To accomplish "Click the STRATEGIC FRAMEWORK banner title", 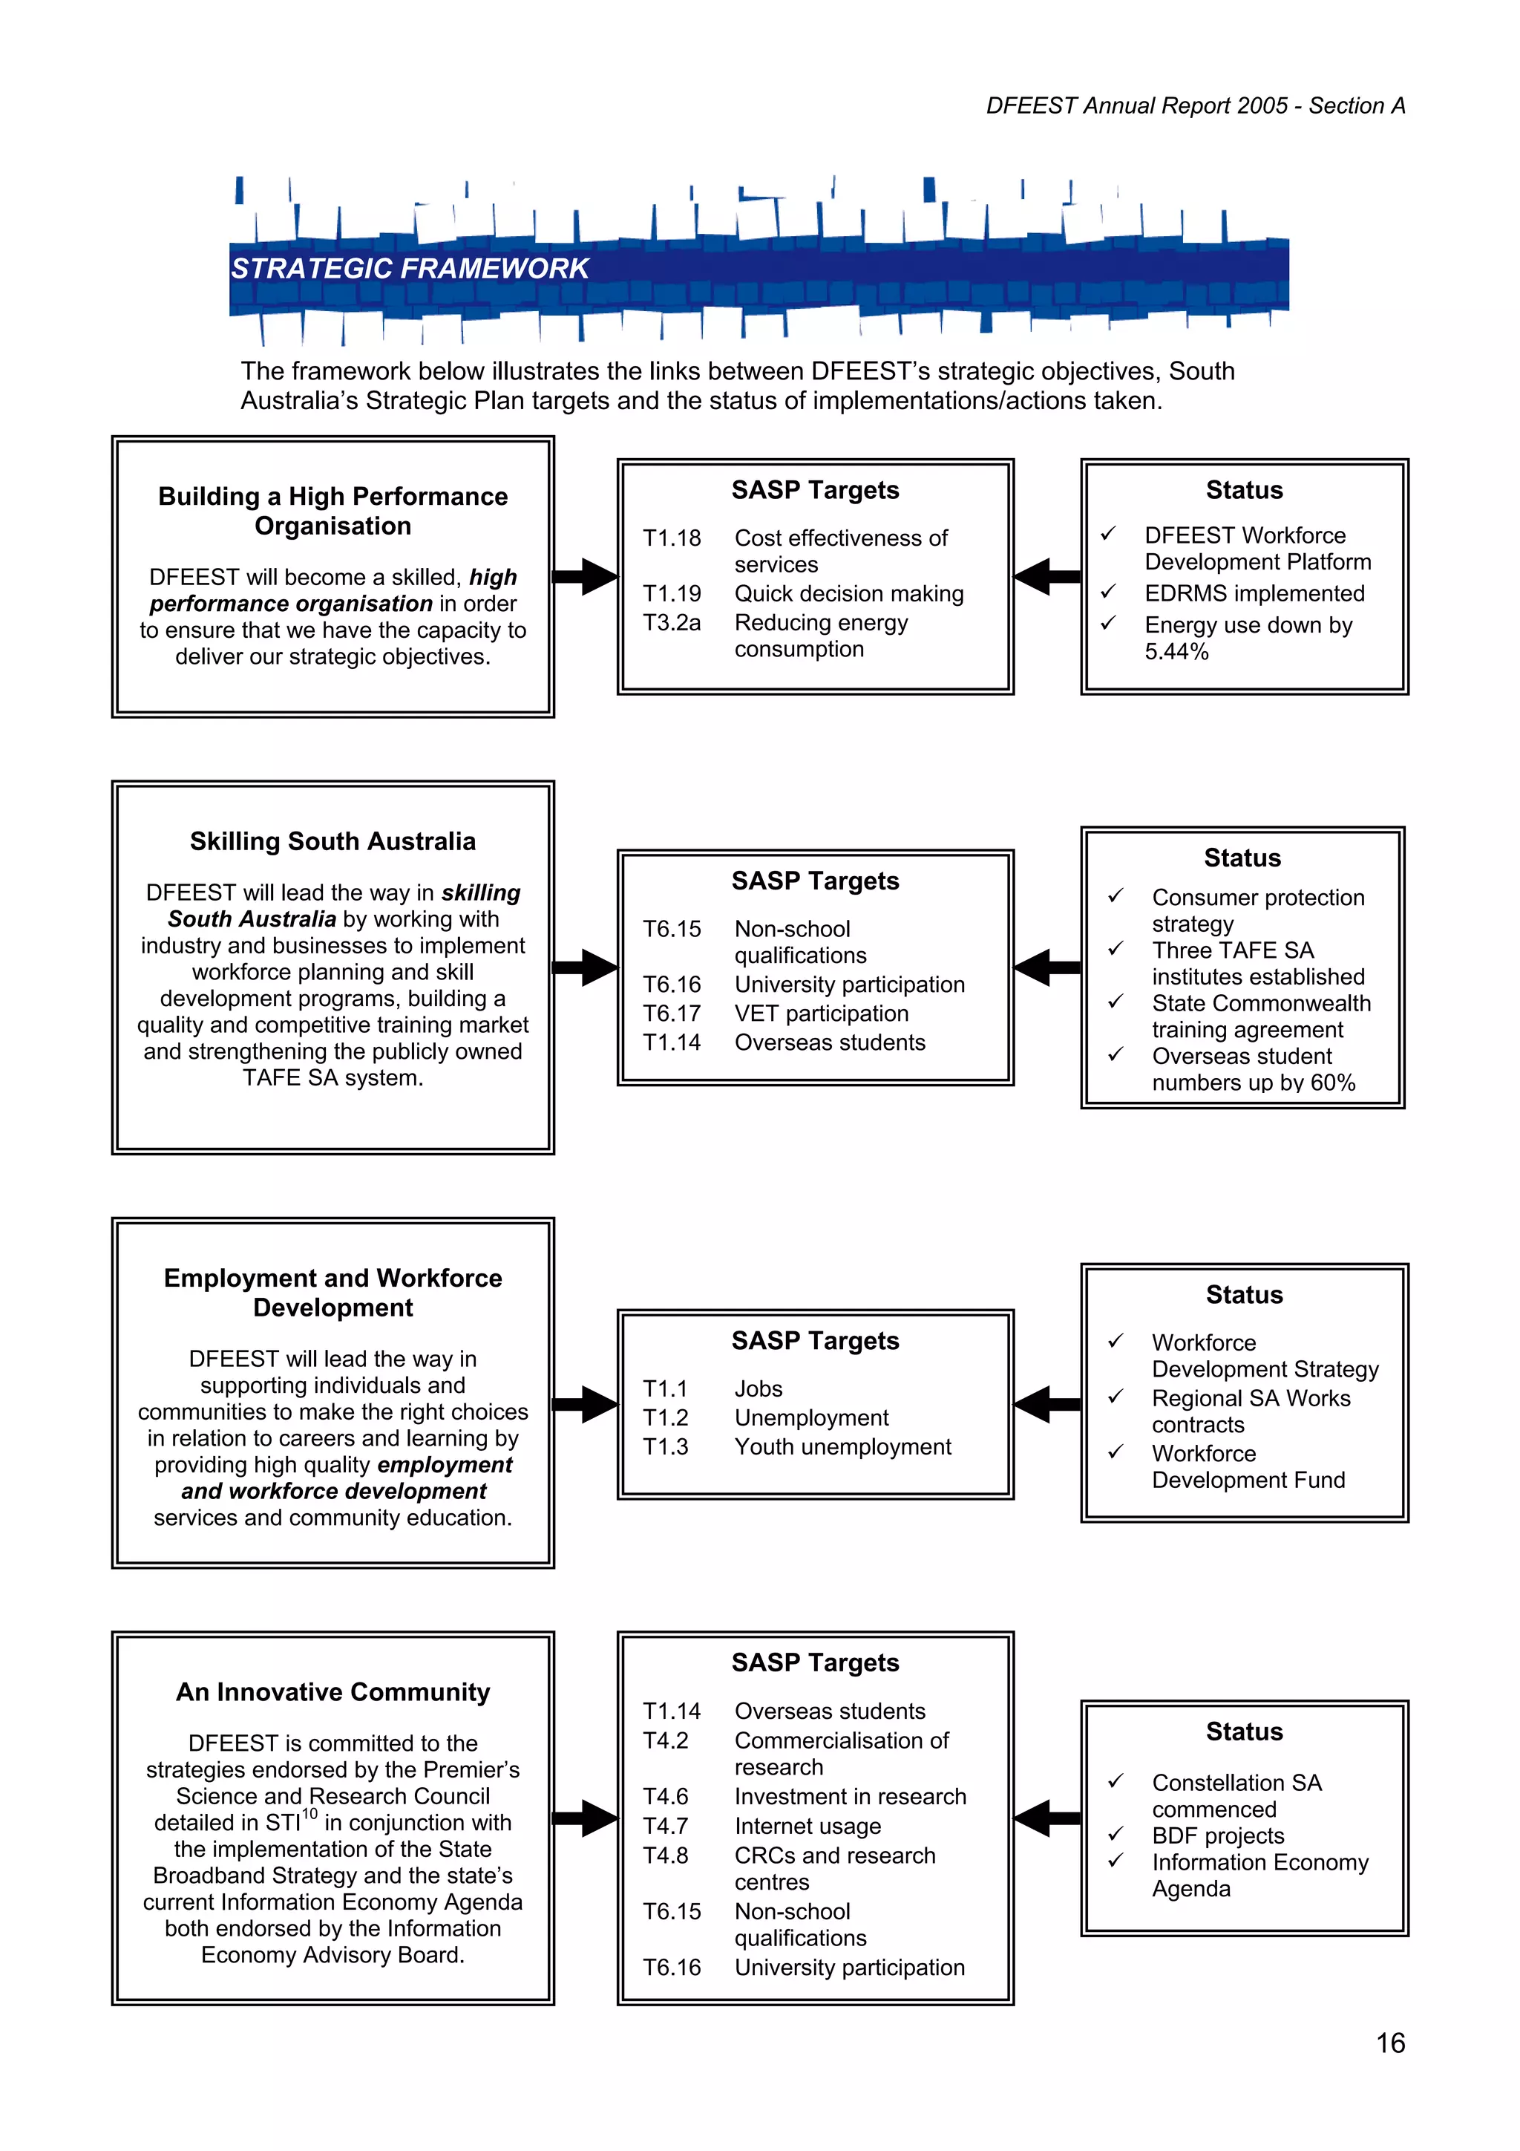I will click(409, 269).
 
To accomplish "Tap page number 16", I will click(1390, 2043).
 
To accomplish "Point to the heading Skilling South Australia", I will click(332, 841).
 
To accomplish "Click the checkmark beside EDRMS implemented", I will click(1108, 591).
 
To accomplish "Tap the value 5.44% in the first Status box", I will click(1176, 652).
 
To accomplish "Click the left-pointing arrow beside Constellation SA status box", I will click(1046, 1818).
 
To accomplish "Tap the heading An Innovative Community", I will click(332, 1692).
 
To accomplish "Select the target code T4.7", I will click(665, 1826).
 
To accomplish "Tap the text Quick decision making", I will click(848, 594).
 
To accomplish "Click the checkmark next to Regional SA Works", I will click(1116, 1396).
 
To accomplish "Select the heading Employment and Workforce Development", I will click(332, 1293).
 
